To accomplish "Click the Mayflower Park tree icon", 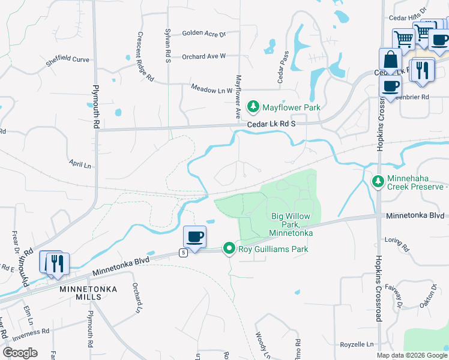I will (253, 107).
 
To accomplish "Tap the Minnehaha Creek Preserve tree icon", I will (378, 181).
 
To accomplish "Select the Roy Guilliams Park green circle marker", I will (229, 248).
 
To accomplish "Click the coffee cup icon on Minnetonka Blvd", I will (194, 237).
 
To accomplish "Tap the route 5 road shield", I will (184, 253).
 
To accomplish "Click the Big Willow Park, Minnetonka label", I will (292, 224).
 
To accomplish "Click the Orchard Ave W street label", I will (203, 56).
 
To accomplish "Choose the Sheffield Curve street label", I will (67, 60).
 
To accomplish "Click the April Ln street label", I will (79, 164).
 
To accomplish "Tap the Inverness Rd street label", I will (29, 332).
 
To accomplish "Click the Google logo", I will (20, 353).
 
